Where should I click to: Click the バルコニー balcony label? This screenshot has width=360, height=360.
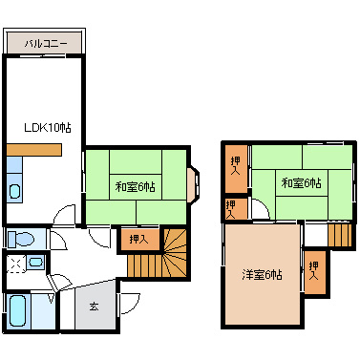coord(46,43)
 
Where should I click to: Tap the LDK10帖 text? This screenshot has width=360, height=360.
coord(48,128)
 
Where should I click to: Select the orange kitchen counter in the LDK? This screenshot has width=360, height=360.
coord(33,150)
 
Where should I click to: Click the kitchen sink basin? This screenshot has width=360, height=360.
coord(14,191)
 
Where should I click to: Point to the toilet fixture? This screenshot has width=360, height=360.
coord(20,239)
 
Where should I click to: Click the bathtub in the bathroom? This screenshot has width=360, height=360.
coord(17,310)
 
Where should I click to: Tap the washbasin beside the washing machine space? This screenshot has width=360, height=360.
coord(35,263)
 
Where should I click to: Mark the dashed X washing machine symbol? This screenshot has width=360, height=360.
coord(15,264)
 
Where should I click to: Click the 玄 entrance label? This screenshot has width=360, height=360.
coord(94,307)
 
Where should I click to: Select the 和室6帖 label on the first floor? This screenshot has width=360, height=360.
coord(136,186)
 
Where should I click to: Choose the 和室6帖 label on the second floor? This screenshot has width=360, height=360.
coord(302,183)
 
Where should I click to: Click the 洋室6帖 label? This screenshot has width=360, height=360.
coord(262,274)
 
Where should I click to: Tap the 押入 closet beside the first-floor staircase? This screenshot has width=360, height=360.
coord(139,239)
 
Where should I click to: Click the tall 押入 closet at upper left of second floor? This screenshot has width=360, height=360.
coord(236,169)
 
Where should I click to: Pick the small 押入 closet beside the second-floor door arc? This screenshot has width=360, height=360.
coord(236,209)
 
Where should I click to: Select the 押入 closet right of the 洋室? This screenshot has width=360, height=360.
coord(315,272)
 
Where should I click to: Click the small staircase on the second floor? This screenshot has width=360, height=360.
coord(340,235)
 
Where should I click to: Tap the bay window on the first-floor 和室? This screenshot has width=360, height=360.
coord(193,185)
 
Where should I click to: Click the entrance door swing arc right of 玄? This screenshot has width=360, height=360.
coord(131,304)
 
